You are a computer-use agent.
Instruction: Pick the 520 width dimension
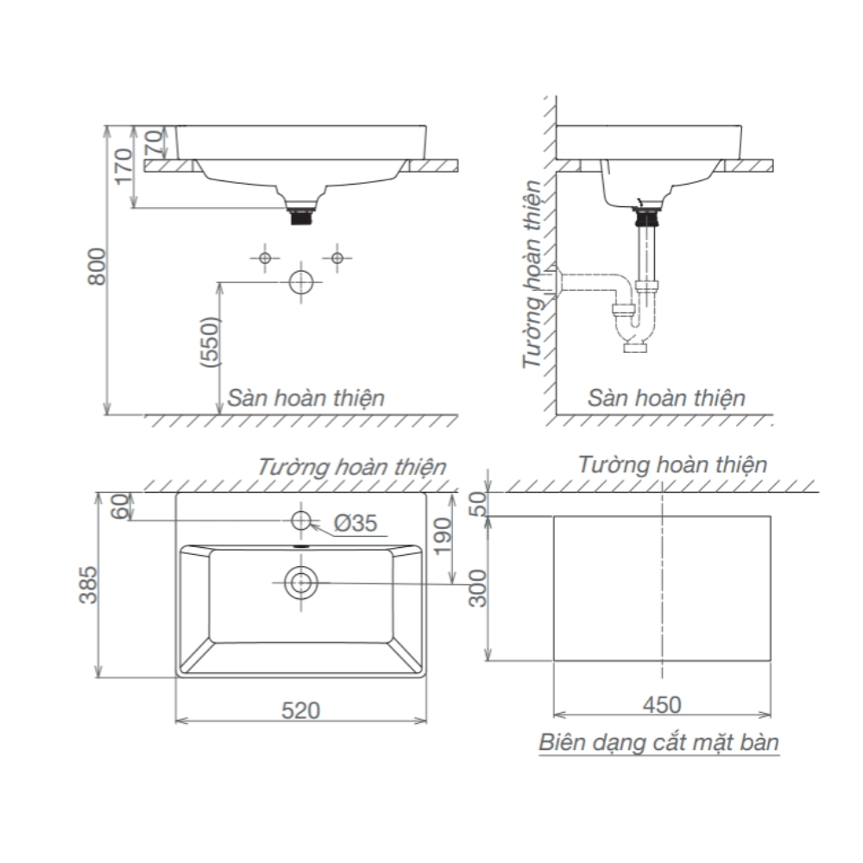click(300, 709)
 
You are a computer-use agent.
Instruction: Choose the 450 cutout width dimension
click(661, 704)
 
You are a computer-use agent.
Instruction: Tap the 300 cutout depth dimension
click(479, 588)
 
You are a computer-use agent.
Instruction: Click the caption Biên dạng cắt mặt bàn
click(658, 742)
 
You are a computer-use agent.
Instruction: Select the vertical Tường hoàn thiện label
click(535, 274)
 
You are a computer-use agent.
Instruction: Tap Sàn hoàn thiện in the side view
click(666, 398)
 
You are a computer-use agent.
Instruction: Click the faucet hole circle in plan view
click(301, 520)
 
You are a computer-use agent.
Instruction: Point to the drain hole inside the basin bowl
click(301, 583)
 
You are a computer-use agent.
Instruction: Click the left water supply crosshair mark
click(266, 257)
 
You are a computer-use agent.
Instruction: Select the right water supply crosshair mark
click(337, 257)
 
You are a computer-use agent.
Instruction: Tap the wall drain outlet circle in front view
click(301, 283)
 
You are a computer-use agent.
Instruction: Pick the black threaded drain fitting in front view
click(301, 216)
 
